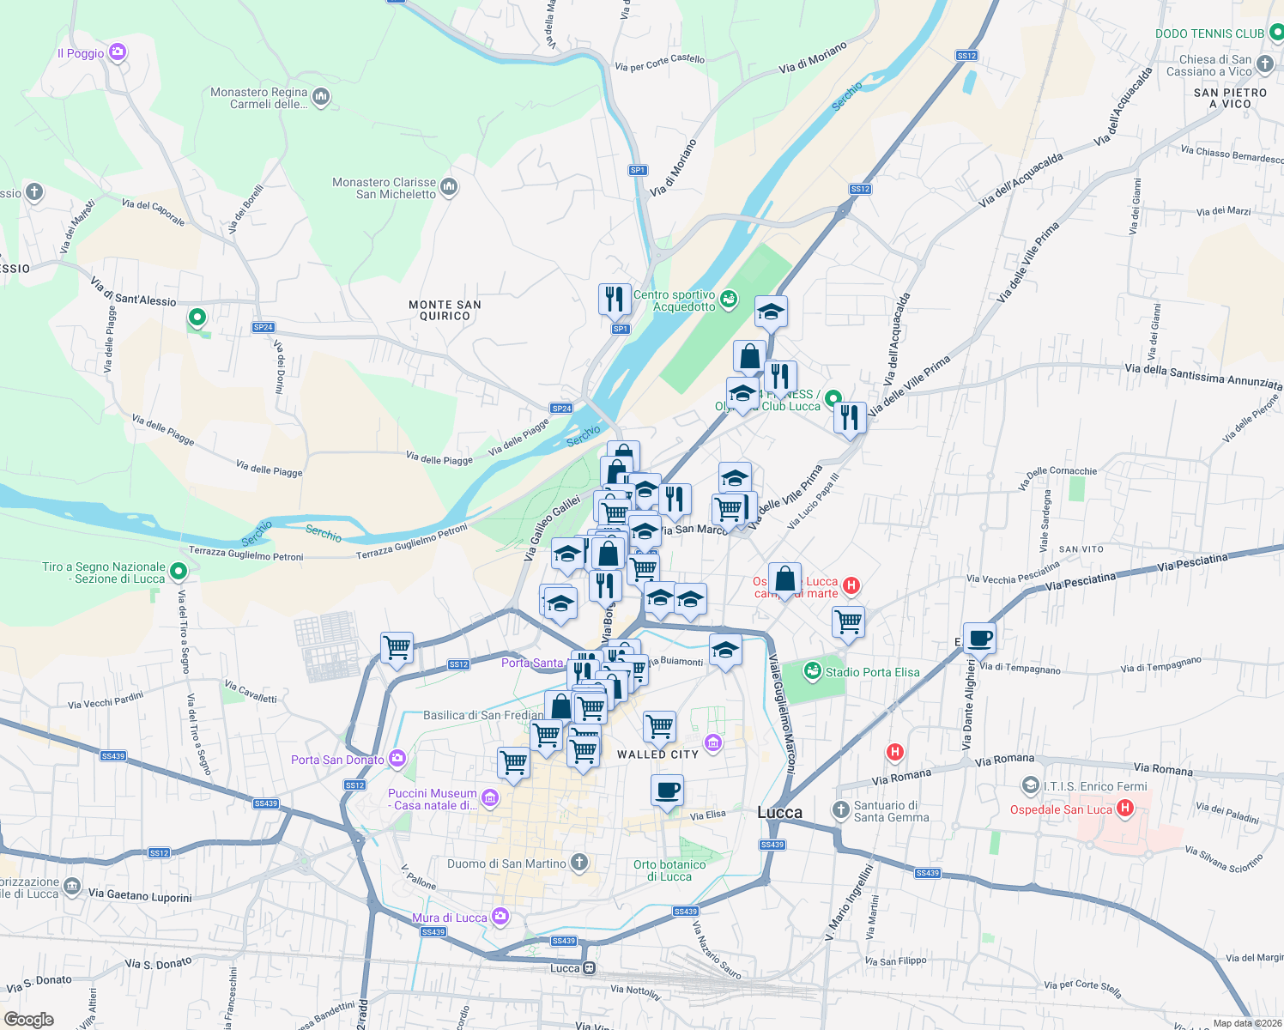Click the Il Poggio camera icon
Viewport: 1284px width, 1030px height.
click(118, 52)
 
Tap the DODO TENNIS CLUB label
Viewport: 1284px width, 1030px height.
click(1209, 33)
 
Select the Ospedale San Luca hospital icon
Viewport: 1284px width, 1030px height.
click(1125, 809)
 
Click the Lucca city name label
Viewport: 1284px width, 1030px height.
click(779, 812)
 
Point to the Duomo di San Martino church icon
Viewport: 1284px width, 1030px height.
click(580, 863)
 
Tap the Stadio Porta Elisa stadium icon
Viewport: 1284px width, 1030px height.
click(812, 671)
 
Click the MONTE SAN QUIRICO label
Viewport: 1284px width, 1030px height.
click(445, 310)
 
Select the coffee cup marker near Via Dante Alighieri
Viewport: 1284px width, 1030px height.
click(979, 638)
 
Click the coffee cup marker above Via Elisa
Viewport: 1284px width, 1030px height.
click(667, 791)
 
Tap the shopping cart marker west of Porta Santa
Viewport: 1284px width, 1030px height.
click(397, 648)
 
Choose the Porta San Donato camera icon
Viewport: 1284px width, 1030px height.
click(397, 759)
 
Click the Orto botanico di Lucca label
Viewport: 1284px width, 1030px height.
click(669, 870)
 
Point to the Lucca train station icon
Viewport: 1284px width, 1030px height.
click(589, 968)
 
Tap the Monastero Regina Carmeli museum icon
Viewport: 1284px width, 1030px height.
click(321, 97)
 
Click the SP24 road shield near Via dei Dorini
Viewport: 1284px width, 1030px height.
click(263, 327)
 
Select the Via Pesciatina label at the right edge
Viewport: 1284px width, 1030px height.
click(1192, 563)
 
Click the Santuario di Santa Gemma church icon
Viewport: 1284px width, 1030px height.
click(840, 809)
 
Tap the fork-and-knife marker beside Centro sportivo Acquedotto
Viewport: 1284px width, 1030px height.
click(614, 300)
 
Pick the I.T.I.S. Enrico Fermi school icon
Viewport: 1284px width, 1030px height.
click(1030, 785)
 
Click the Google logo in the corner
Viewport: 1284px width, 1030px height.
click(29, 1019)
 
